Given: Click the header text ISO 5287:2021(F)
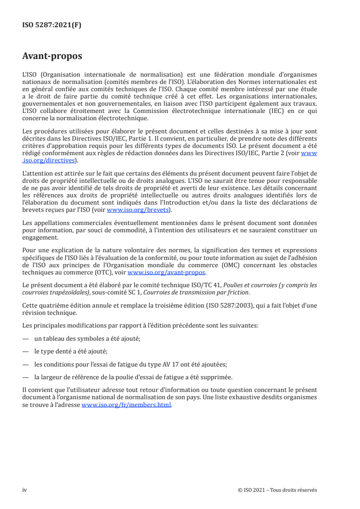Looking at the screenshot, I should (52, 25).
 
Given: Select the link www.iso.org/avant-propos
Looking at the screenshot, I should (167, 272).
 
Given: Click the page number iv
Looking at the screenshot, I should (25, 489).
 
